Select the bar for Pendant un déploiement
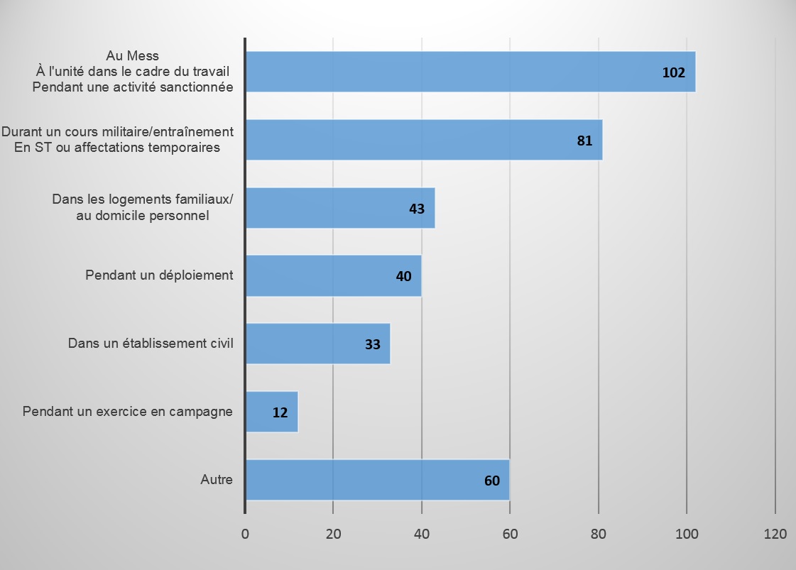[x=333, y=275]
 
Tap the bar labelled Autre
[x=377, y=480]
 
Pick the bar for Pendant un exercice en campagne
[x=271, y=412]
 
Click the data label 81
[x=584, y=141]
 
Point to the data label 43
[x=417, y=209]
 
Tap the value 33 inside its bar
[x=373, y=345]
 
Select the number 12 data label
[x=280, y=412]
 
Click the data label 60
[x=492, y=481]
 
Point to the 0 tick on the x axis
[x=245, y=534]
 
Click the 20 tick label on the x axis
[x=333, y=534]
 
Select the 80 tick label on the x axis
[x=599, y=534]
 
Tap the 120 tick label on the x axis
[x=775, y=534]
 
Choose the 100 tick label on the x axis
[x=687, y=534]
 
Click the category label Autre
[x=217, y=480]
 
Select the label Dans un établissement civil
[x=151, y=344]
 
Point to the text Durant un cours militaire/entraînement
[x=117, y=133]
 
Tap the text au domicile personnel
[x=142, y=216]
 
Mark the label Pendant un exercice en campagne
[x=128, y=412]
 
